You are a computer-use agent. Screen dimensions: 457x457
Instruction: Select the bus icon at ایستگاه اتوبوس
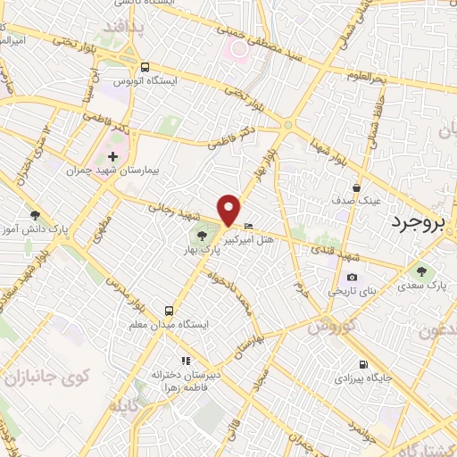[145, 66]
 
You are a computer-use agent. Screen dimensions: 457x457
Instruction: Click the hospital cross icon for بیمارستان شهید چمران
[112, 157]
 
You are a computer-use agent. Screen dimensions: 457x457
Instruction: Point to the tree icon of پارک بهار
[200, 235]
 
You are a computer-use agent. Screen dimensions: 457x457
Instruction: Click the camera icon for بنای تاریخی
[352, 278]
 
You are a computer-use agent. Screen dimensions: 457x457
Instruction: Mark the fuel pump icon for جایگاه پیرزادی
[361, 364]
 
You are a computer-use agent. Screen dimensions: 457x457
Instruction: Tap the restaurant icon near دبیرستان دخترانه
[186, 361]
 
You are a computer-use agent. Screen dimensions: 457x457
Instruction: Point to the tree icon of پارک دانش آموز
[35, 214]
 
